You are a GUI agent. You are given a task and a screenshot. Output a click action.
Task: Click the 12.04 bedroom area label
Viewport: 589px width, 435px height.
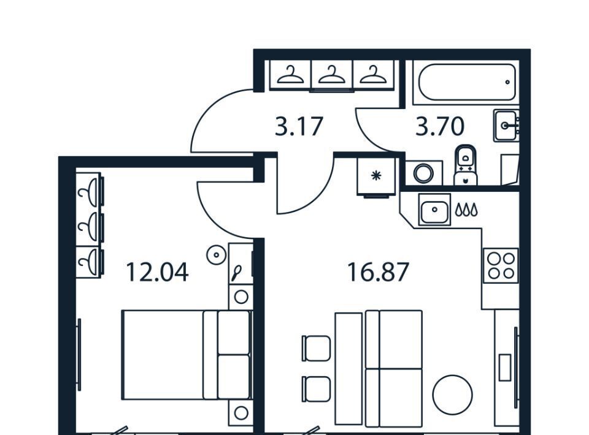(156, 271)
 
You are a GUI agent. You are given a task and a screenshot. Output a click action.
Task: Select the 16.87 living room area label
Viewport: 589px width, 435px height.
(377, 271)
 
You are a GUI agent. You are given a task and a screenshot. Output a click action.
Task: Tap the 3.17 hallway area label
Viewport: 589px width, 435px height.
(299, 127)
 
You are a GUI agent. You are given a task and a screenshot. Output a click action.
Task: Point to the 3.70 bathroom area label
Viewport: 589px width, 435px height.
(440, 127)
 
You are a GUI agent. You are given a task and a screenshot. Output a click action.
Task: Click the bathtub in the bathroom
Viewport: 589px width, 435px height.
(464, 82)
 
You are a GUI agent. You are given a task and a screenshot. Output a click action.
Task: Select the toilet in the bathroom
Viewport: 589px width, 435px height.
(466, 164)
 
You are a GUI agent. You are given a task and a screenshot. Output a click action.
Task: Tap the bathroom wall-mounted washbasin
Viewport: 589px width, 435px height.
(507, 126)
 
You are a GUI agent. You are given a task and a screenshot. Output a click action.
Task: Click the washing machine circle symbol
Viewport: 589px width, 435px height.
(423, 173)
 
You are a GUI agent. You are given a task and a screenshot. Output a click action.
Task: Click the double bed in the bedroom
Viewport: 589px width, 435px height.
(185, 355)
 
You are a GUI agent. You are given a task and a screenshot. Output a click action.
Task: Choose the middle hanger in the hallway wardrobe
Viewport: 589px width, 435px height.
(331, 75)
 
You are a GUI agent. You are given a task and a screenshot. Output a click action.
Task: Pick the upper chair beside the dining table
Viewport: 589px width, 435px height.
(316, 347)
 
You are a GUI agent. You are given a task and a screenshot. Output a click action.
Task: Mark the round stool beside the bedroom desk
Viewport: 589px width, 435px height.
(216, 255)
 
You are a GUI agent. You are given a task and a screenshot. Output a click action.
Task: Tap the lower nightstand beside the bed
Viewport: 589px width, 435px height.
(241, 412)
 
